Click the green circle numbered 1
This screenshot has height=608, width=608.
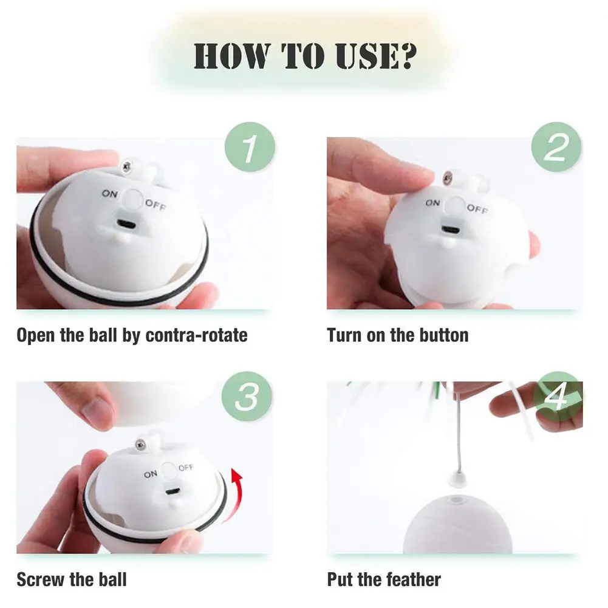pos(250,147)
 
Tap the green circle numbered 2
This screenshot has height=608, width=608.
pos(556,147)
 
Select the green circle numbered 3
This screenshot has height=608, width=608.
pos(247,396)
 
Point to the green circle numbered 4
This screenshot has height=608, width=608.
pos(558,396)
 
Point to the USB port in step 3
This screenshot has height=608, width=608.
pos(171,492)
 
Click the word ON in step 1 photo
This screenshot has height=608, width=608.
pos(110,193)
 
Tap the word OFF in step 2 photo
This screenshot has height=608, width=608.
pos(477,208)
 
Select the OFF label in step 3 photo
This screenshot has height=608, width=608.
pos(186,467)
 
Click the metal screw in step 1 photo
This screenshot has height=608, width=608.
pos(126,167)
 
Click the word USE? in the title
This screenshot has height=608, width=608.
pos(375,56)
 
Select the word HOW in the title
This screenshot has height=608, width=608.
pos(232,56)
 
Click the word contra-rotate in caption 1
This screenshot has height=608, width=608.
pos(196,335)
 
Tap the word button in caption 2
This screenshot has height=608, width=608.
pos(444,335)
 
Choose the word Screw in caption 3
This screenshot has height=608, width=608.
pos(41,579)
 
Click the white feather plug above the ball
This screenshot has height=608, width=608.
pos(458,480)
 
